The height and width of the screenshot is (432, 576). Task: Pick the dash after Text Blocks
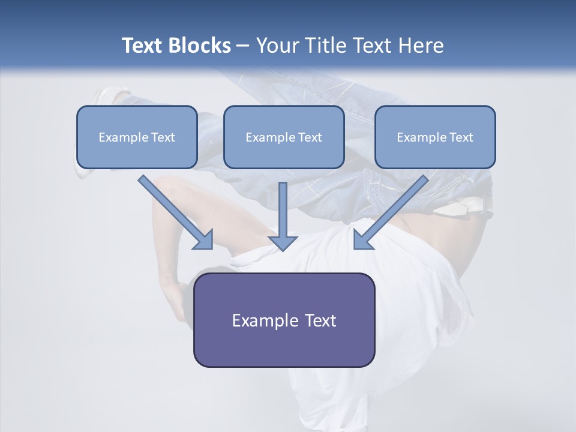coord(243,46)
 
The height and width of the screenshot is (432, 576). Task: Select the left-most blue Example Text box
coord(137,137)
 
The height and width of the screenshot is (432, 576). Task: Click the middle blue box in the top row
coord(284,137)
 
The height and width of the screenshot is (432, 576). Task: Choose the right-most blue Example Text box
coord(435,137)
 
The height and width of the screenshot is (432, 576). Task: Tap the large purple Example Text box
coord(284,320)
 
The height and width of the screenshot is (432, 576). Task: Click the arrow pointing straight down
coord(283,216)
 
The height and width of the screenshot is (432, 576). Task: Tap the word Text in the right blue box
coord(461,137)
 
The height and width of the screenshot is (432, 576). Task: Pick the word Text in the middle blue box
coord(310,137)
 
